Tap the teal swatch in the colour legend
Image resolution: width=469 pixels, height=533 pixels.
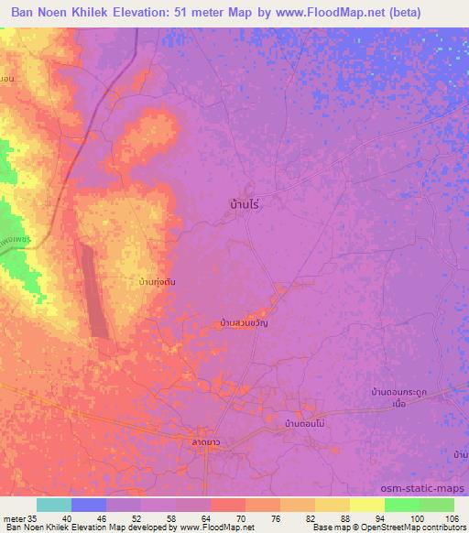coord(54,505)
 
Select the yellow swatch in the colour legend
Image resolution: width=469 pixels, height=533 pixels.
coord(365,505)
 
